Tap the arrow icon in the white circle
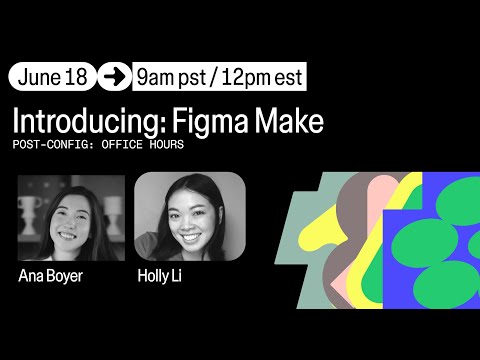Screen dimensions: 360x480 tap(114, 76)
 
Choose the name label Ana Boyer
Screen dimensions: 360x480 tap(51, 275)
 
